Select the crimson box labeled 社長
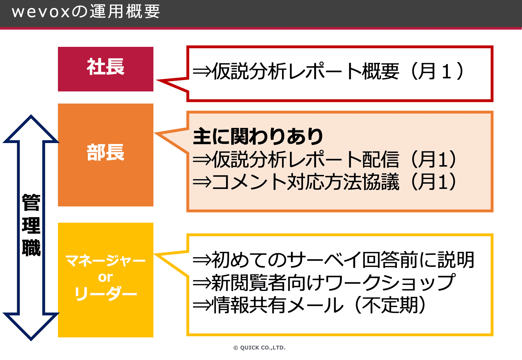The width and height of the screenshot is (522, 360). (x=105, y=69)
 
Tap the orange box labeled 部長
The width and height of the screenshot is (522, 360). (x=105, y=155)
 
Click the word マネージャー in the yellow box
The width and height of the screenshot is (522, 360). (x=105, y=261)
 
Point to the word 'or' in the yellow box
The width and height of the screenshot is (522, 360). (x=105, y=277)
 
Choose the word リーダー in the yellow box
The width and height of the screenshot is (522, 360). (x=105, y=293)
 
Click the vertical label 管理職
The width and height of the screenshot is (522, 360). (x=31, y=225)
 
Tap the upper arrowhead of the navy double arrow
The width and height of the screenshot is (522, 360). (x=31, y=127)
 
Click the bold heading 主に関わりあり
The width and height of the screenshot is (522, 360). (x=258, y=136)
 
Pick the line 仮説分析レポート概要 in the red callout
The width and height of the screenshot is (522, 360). (x=328, y=71)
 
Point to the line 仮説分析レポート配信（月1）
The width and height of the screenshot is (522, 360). (x=325, y=159)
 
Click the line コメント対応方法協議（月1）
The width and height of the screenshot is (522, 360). (x=325, y=182)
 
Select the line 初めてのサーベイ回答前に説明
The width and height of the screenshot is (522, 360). (x=334, y=260)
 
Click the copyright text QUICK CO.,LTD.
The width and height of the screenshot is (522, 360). (x=259, y=348)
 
